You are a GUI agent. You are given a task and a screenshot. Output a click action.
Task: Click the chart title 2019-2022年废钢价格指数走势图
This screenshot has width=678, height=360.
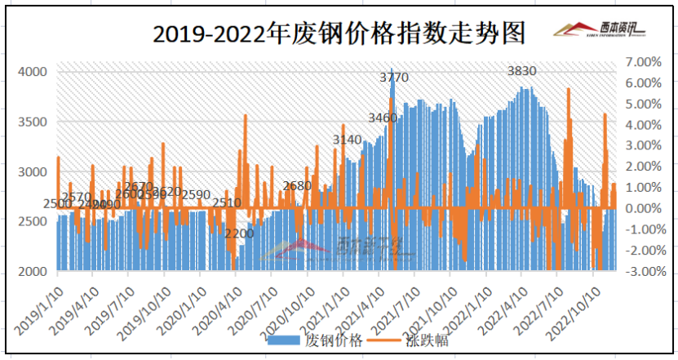[x=339, y=33]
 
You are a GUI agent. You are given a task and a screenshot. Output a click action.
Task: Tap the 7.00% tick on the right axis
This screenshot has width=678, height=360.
[x=640, y=62]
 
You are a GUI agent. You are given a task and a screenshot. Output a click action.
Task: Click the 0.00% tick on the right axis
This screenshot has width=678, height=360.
[x=640, y=208]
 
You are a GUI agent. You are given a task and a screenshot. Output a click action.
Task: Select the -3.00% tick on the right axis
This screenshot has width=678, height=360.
[x=640, y=271]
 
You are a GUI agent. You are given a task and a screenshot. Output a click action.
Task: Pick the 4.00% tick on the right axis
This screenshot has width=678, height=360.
[x=640, y=125]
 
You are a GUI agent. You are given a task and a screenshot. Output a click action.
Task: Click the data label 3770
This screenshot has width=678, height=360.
[x=395, y=78]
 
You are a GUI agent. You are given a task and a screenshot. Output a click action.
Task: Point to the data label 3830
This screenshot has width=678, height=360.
[x=521, y=71]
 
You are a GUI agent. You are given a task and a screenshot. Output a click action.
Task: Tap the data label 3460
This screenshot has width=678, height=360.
[x=383, y=118]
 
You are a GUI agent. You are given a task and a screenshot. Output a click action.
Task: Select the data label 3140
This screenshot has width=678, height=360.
[x=347, y=140]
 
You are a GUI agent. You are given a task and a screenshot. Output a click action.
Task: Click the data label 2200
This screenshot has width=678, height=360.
[x=240, y=233]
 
